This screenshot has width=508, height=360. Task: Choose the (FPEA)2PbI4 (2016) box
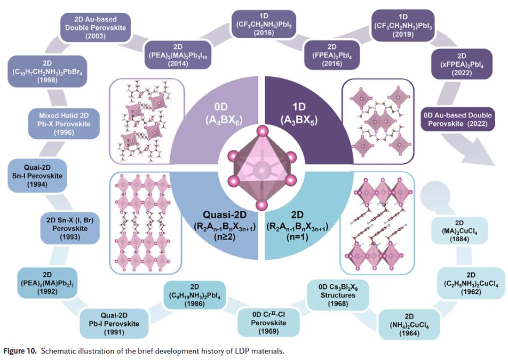pyautogui.click(x=331, y=55)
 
